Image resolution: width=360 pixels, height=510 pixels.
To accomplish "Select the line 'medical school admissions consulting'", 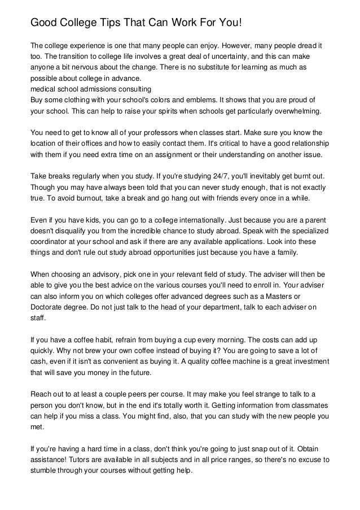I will [90, 89].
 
